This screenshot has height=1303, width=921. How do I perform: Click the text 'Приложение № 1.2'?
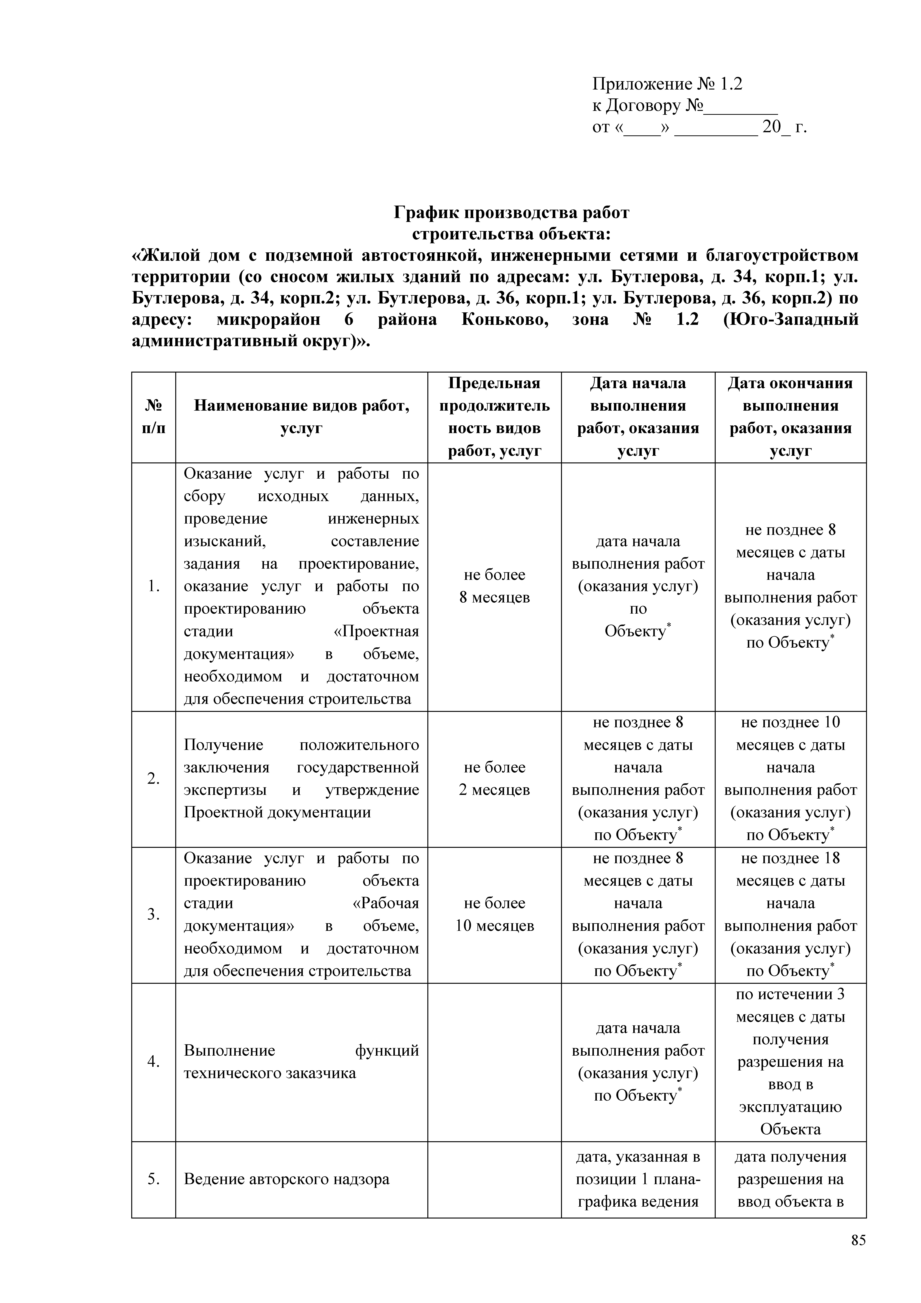667,84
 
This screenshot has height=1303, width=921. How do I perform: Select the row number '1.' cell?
153,586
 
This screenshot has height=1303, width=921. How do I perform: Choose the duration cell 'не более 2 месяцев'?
494,779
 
